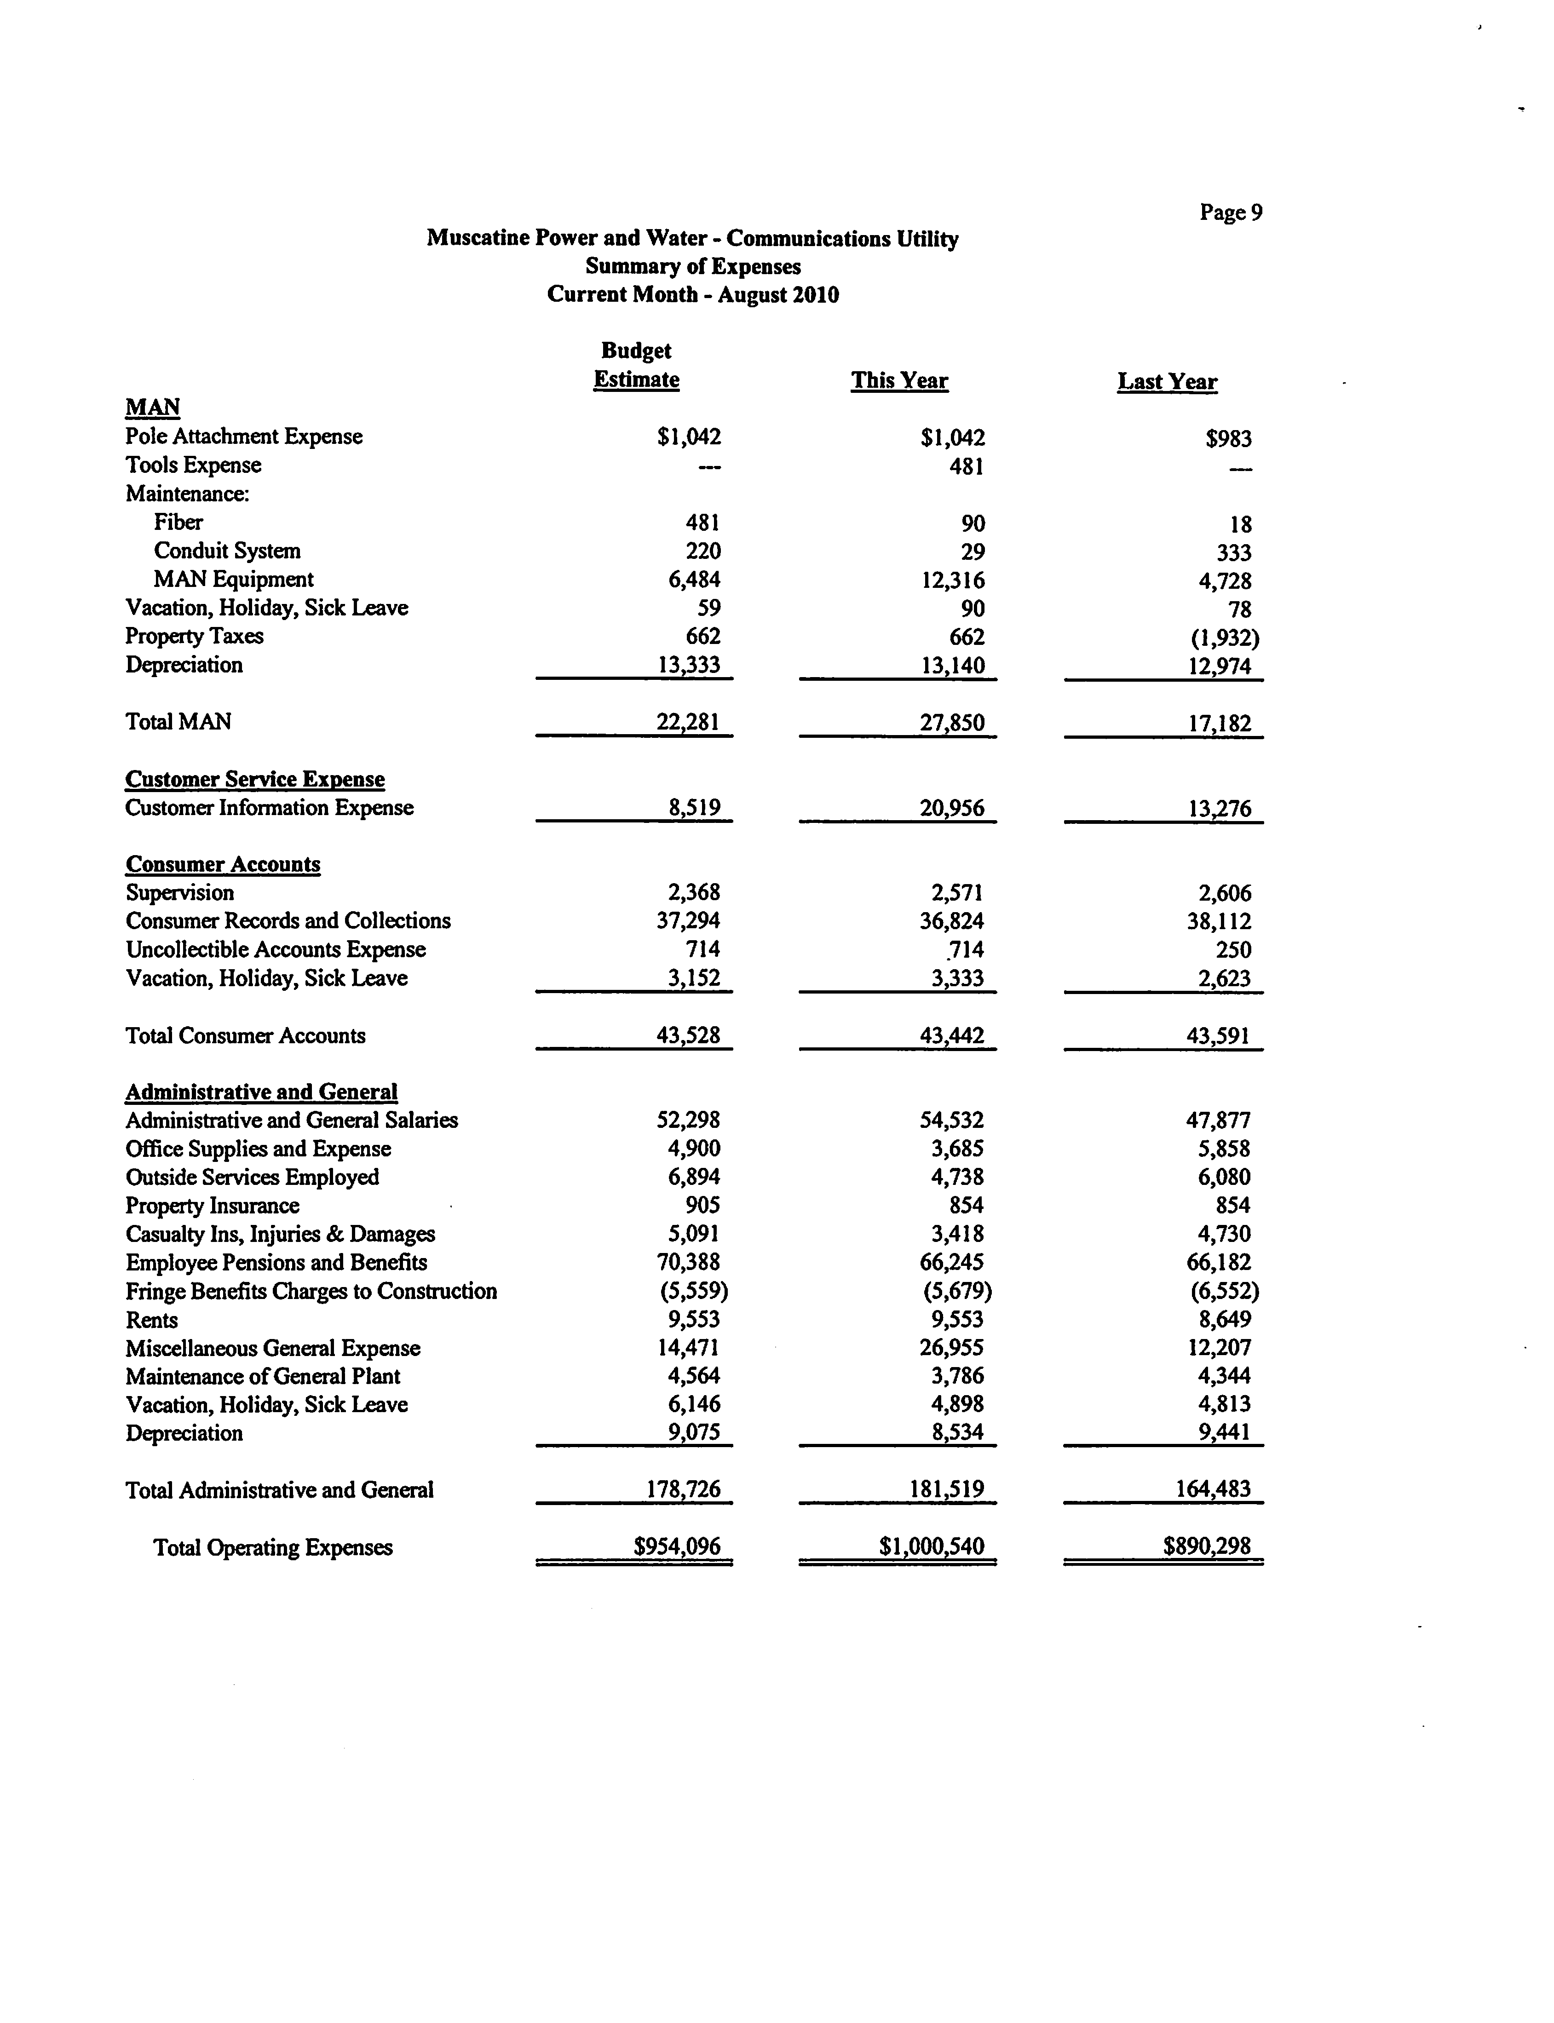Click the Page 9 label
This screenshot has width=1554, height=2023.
pyautogui.click(x=1230, y=213)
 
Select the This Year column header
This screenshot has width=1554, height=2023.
pyautogui.click(x=899, y=381)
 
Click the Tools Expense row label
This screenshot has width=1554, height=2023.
pyautogui.click(x=193, y=466)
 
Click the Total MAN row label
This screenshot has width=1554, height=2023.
pyautogui.click(x=178, y=722)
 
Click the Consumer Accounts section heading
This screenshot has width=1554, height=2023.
pyautogui.click(x=223, y=864)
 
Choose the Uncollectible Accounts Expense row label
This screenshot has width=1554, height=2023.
pyautogui.click(x=276, y=950)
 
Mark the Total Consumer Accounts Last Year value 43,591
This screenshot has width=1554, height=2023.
pyautogui.click(x=1218, y=1036)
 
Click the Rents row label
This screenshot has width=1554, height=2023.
pyautogui.click(x=152, y=1320)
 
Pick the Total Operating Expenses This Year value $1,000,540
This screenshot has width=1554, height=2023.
pyautogui.click(x=932, y=1546)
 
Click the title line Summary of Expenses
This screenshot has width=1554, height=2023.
pyautogui.click(x=693, y=266)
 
